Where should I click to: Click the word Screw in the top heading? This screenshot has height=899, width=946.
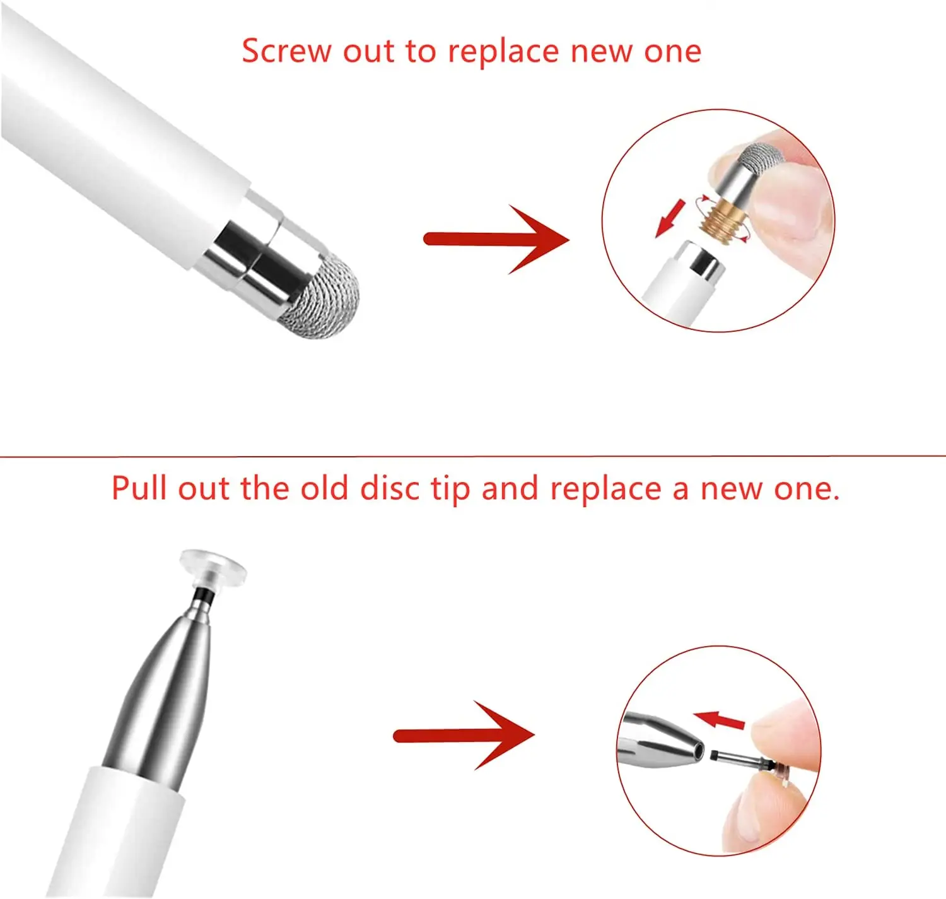click(287, 51)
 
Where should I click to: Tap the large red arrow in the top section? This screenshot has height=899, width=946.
click(496, 239)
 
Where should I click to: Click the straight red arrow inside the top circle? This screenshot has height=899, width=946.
click(670, 219)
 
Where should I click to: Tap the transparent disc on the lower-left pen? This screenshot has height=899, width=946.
click(213, 569)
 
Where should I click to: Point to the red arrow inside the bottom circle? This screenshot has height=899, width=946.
click(720, 721)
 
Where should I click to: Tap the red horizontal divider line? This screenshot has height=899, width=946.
click(473, 455)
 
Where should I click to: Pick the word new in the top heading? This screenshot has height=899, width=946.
click(599, 52)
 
